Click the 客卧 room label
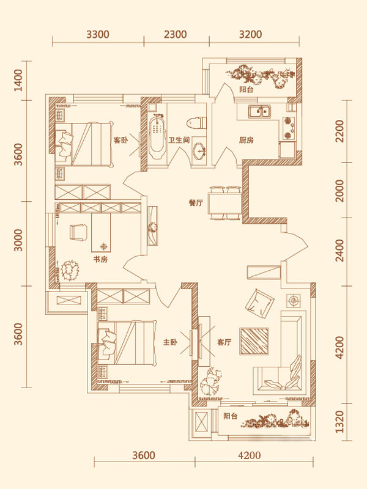120,141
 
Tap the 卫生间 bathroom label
179,140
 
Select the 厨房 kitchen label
247,141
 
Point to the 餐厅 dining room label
196,203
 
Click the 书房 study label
100,259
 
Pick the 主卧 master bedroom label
170,342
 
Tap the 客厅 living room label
224,342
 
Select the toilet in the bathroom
196,122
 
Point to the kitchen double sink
259,111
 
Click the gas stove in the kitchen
289,128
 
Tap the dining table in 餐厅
224,204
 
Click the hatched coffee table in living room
254,341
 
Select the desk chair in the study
78,233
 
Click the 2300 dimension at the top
176,34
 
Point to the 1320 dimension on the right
340,422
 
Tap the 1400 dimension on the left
19,80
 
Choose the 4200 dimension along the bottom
249,455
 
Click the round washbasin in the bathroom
198,150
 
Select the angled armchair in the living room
259,302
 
